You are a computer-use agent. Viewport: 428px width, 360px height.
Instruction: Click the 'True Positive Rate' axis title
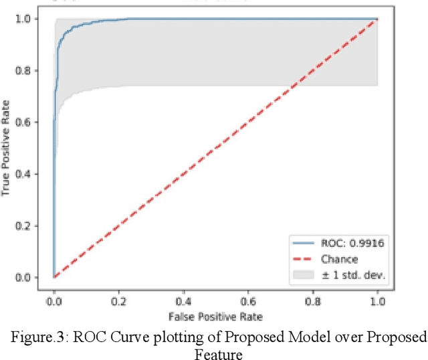[x=8, y=148]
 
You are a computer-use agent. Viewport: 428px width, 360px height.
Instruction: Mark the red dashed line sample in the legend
[x=302, y=258]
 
